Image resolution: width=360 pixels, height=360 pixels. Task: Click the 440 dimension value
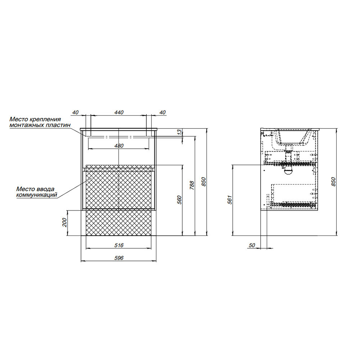pos(119,112)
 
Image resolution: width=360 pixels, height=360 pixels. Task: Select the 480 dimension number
pos(119,146)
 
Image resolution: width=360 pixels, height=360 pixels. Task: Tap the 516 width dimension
pos(119,246)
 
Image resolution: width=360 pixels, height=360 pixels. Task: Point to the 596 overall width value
pos(119,258)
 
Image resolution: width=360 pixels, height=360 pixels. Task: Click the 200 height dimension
pos(64,222)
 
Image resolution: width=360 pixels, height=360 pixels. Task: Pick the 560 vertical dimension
pos(180,200)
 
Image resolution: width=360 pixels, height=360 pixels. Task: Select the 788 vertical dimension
pos(192,185)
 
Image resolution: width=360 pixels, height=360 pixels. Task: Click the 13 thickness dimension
pos(180,131)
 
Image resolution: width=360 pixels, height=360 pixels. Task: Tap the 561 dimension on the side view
pos(230,200)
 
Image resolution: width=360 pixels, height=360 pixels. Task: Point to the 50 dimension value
pos(252,246)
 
